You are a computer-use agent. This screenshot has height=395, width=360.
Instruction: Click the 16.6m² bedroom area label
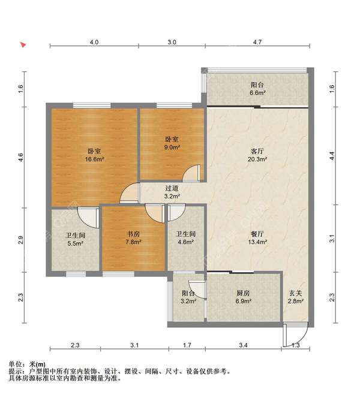(x=95, y=159)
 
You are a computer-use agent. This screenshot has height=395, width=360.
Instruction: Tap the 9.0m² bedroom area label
(x=172, y=147)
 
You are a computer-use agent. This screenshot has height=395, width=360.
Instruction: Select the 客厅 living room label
(x=257, y=151)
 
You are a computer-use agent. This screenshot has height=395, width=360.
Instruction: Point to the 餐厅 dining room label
(x=257, y=234)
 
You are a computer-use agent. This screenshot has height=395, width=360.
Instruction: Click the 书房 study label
(x=133, y=234)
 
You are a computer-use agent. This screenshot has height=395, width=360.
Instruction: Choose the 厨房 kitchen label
(x=243, y=293)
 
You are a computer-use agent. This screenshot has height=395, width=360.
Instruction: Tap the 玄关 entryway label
(x=295, y=293)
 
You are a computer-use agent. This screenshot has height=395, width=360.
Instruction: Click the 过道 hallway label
(x=172, y=188)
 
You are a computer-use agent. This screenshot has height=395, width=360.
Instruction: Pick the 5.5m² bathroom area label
(x=76, y=243)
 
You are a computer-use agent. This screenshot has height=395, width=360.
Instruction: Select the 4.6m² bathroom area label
(x=185, y=242)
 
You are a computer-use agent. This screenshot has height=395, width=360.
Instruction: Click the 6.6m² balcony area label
(x=257, y=93)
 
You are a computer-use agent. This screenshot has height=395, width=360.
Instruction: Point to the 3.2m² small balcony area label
(x=188, y=301)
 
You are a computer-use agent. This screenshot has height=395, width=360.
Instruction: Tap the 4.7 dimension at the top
(x=257, y=42)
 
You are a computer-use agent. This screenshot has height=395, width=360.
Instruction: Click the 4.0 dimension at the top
(x=94, y=42)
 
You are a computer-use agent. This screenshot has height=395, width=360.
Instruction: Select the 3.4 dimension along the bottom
(x=243, y=345)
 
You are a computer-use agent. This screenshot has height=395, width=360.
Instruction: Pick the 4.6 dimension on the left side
(x=20, y=158)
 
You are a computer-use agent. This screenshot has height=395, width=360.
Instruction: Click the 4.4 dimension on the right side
(x=332, y=156)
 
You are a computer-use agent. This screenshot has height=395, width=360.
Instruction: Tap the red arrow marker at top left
(x=23, y=45)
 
